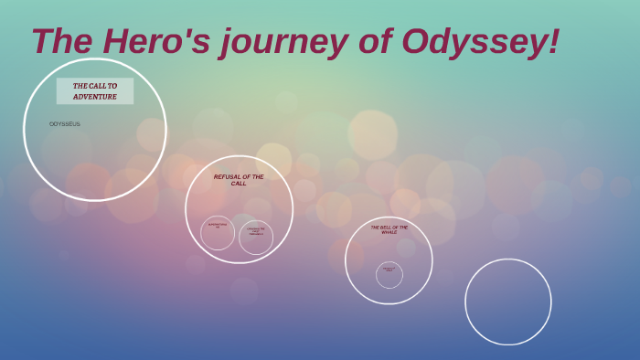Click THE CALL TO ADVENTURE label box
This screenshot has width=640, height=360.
point(95,90)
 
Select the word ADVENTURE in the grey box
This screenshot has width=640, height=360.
point(95,96)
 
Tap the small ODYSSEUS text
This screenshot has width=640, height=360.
point(65,123)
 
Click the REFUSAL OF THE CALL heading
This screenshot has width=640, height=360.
point(239,179)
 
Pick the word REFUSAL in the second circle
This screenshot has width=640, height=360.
point(226,176)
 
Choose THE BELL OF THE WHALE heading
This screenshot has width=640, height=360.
point(389,229)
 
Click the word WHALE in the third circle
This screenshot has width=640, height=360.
point(389,232)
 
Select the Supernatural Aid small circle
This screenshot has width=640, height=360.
point(218,232)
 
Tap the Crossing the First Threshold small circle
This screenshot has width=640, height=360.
point(256,237)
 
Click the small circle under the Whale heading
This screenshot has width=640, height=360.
point(389,274)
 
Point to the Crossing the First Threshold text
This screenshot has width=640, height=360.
point(256,231)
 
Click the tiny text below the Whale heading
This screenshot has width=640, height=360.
point(389,269)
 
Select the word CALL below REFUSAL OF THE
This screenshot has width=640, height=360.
point(239,184)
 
